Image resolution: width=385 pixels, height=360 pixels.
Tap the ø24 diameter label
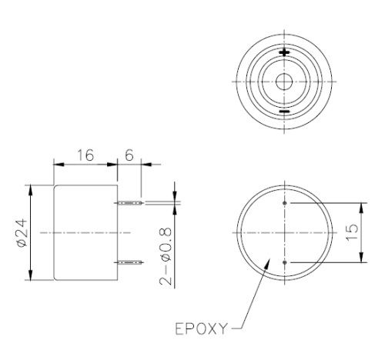(21, 232)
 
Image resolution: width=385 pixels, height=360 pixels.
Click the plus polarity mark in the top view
(285, 53)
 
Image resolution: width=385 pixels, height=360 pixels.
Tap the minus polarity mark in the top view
(285, 112)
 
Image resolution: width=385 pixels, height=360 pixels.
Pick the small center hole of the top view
(285, 82)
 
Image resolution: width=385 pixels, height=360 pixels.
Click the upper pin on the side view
(129, 202)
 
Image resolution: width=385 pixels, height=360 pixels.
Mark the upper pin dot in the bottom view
(285, 203)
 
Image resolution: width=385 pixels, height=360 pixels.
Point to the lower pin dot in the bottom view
(285, 262)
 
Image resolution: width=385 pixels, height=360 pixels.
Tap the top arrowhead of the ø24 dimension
(31, 186)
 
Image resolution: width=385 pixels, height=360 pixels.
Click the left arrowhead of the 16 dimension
(53, 163)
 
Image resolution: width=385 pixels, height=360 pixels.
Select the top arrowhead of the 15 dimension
(360, 204)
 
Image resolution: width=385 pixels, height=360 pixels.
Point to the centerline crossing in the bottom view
(285, 232)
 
